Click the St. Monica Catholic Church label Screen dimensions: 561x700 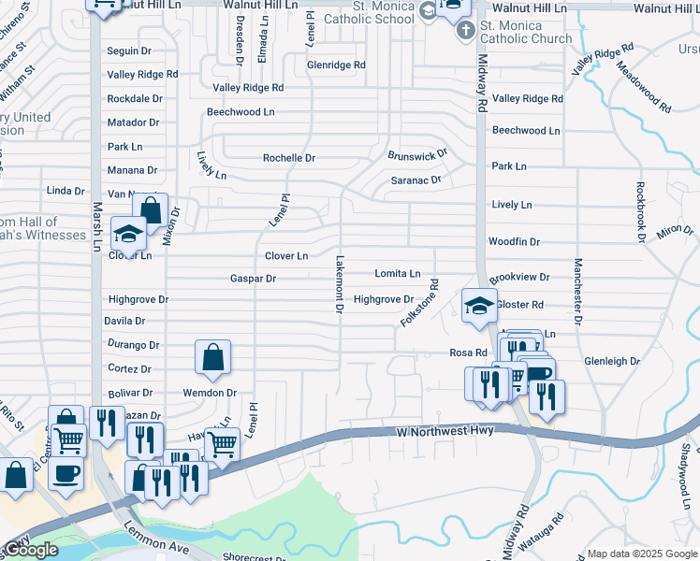pos(525,38)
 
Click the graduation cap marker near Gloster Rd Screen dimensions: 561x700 pos(478,306)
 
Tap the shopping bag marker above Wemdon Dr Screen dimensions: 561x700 pos(213,357)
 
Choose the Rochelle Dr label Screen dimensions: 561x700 pos(288,158)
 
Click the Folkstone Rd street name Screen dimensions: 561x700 pos(418,302)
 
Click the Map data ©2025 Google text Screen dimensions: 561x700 pos(642,554)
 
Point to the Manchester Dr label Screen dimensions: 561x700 pos(578,291)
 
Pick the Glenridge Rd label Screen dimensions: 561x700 pos(336,65)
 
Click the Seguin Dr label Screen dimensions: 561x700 pos(129,50)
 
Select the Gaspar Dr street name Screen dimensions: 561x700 pos(253,279)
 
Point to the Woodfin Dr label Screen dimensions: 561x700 pos(514,241)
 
